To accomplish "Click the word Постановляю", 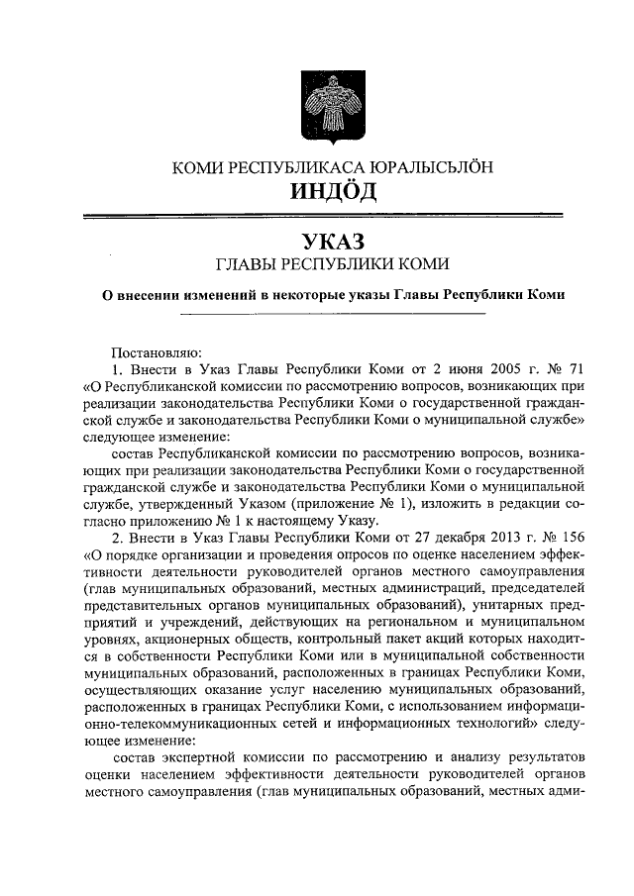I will (x=157, y=350).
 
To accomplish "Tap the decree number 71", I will (x=576, y=368).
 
